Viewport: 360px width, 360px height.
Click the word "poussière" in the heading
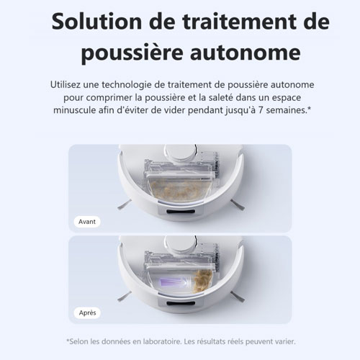pos(126,55)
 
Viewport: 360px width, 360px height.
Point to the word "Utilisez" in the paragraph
pos(71,85)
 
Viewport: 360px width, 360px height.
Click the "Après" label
pos(88,313)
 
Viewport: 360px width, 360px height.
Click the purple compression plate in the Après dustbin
pos(171,277)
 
